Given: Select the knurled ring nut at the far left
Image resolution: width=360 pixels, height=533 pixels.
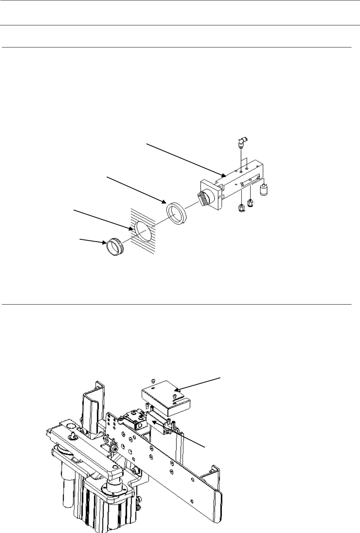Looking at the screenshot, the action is pos(114,246).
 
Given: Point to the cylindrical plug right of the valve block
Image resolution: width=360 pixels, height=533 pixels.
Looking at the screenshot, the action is pos(263,190).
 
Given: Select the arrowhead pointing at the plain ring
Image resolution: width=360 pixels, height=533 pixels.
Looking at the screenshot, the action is pos(164,202).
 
